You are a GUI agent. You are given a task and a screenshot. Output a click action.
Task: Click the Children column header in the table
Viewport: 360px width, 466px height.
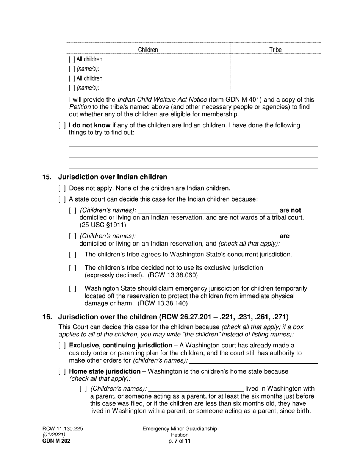coord(148,50)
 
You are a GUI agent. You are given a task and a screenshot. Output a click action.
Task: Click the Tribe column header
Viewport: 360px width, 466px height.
coord(275,50)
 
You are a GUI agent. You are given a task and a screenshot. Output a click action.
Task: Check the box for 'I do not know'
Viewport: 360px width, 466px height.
coord(62,125)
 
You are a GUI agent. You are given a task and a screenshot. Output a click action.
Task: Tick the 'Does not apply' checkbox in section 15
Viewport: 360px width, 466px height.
coord(62,188)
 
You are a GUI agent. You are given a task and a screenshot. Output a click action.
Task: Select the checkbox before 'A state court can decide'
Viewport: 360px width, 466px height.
coord(62,199)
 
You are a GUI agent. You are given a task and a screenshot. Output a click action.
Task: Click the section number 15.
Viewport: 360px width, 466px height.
coord(47,177)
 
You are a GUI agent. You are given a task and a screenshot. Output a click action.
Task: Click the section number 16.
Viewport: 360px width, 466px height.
coord(47,317)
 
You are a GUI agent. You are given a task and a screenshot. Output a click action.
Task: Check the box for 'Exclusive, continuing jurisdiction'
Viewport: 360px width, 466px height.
coord(62,346)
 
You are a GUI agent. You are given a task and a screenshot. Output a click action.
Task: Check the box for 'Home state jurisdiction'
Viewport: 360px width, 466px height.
coord(62,371)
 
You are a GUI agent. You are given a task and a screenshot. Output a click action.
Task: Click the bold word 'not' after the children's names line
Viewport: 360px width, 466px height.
coord(296,210)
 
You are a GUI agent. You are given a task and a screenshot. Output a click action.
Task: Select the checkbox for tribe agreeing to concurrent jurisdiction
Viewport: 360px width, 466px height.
coord(73,255)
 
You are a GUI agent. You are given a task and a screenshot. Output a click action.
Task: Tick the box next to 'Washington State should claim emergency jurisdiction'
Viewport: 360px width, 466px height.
coord(73,289)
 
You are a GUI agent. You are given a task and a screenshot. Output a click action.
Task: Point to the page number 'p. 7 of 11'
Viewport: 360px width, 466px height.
coord(180,441)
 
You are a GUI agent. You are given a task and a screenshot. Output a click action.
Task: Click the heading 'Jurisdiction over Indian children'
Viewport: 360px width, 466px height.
coord(112,177)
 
